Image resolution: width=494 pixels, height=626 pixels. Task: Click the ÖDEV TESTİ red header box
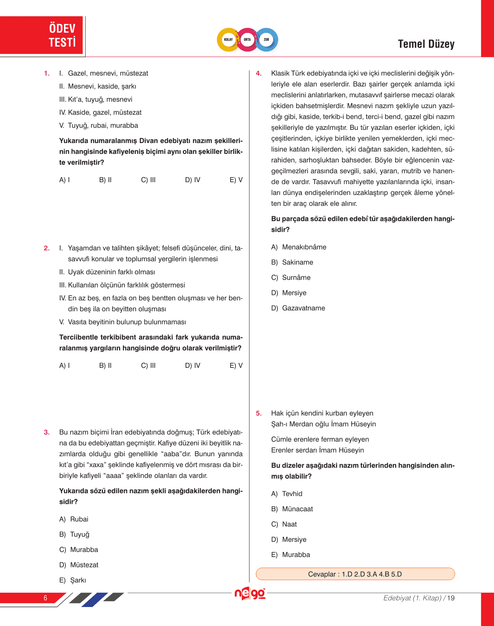[42, 35]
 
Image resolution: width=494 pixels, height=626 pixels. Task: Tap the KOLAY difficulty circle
[229, 40]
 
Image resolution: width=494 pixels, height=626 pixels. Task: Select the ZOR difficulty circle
[267, 40]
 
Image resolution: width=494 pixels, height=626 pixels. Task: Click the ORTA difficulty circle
[247, 40]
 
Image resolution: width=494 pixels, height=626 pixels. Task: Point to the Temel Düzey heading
[426, 44]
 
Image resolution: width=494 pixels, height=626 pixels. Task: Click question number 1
[47, 74]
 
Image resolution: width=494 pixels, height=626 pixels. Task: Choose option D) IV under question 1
[193, 180]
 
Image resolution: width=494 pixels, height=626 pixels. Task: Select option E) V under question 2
[236, 366]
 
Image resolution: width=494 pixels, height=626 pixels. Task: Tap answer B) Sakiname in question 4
[292, 262]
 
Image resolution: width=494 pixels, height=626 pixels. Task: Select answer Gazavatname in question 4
[298, 308]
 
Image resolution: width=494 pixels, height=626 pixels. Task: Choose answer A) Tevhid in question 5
[287, 494]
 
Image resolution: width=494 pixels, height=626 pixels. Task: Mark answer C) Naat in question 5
[284, 524]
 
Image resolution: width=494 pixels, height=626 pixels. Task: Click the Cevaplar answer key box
[355, 574]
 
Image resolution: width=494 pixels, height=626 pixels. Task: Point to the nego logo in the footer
[250, 593]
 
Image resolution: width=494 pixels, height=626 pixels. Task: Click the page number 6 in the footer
[45, 598]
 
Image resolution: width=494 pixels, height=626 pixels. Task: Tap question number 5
[259, 414]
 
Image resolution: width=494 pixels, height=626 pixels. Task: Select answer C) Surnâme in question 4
[291, 278]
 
